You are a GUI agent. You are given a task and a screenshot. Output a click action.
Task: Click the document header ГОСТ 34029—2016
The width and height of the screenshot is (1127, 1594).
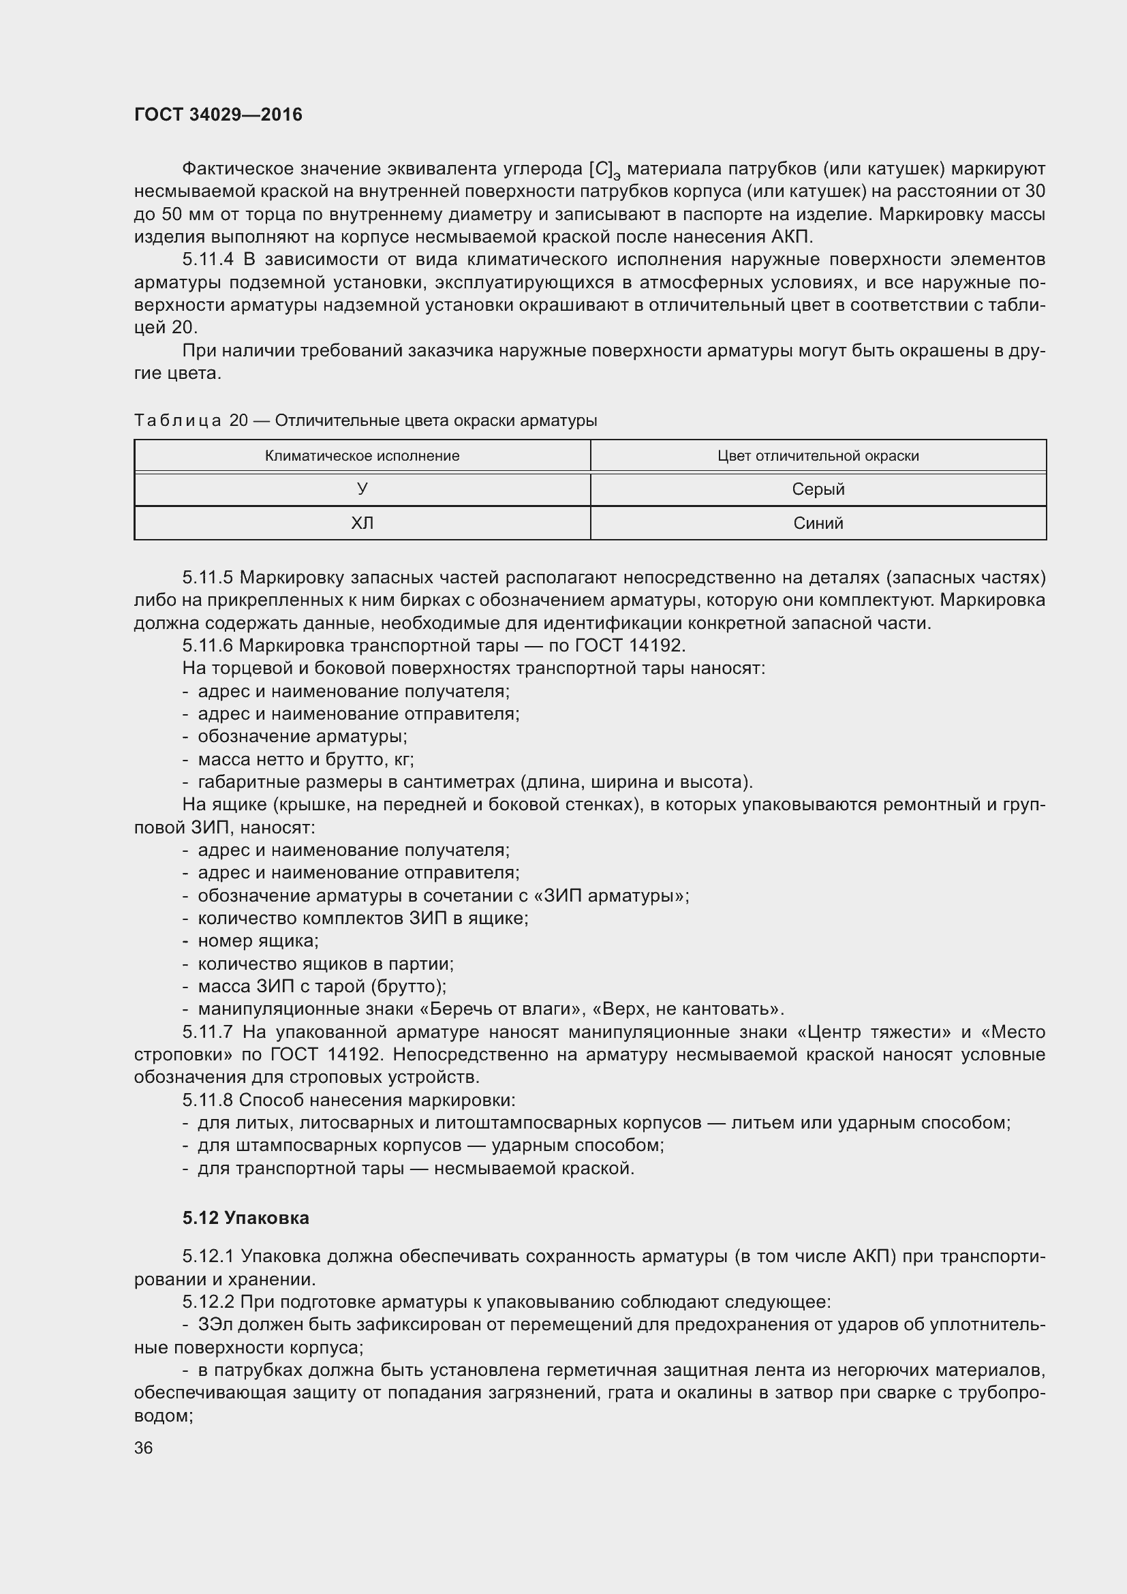(x=218, y=114)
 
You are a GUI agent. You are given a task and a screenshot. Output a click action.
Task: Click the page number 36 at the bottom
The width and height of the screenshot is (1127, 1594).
(x=144, y=1448)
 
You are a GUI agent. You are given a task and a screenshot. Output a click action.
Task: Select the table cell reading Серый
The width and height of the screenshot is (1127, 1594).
(x=818, y=489)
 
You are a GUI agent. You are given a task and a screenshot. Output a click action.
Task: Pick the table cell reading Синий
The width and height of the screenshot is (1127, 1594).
(x=818, y=523)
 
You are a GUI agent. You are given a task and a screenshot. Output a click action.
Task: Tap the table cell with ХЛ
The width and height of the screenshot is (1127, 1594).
(x=362, y=523)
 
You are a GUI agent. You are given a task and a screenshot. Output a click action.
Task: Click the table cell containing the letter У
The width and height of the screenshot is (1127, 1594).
(x=362, y=489)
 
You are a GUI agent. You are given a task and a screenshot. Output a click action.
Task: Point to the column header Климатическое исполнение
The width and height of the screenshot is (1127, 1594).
(x=362, y=456)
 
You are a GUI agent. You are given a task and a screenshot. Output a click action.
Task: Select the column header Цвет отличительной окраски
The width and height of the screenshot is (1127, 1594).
(x=818, y=456)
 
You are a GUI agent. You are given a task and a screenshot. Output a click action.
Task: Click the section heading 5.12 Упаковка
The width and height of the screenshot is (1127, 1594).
(x=246, y=1219)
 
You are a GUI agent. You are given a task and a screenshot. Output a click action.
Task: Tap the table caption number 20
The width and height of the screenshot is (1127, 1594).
(x=238, y=420)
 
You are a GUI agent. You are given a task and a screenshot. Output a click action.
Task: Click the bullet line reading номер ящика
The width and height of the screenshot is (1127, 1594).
(x=258, y=941)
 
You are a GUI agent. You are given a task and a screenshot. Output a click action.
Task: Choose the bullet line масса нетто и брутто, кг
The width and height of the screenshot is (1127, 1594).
(x=305, y=759)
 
